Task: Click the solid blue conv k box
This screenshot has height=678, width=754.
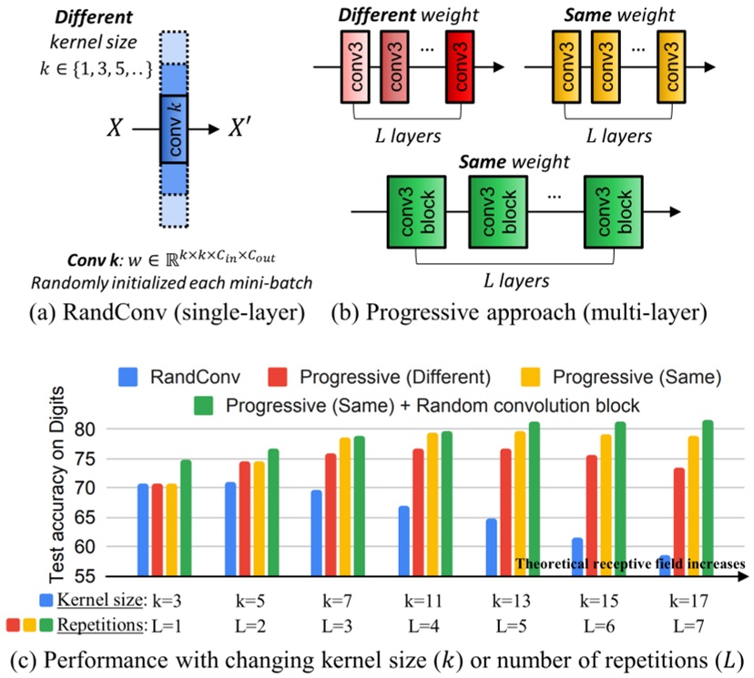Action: click(x=174, y=128)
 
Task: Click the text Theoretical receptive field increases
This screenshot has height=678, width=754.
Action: click(x=630, y=563)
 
